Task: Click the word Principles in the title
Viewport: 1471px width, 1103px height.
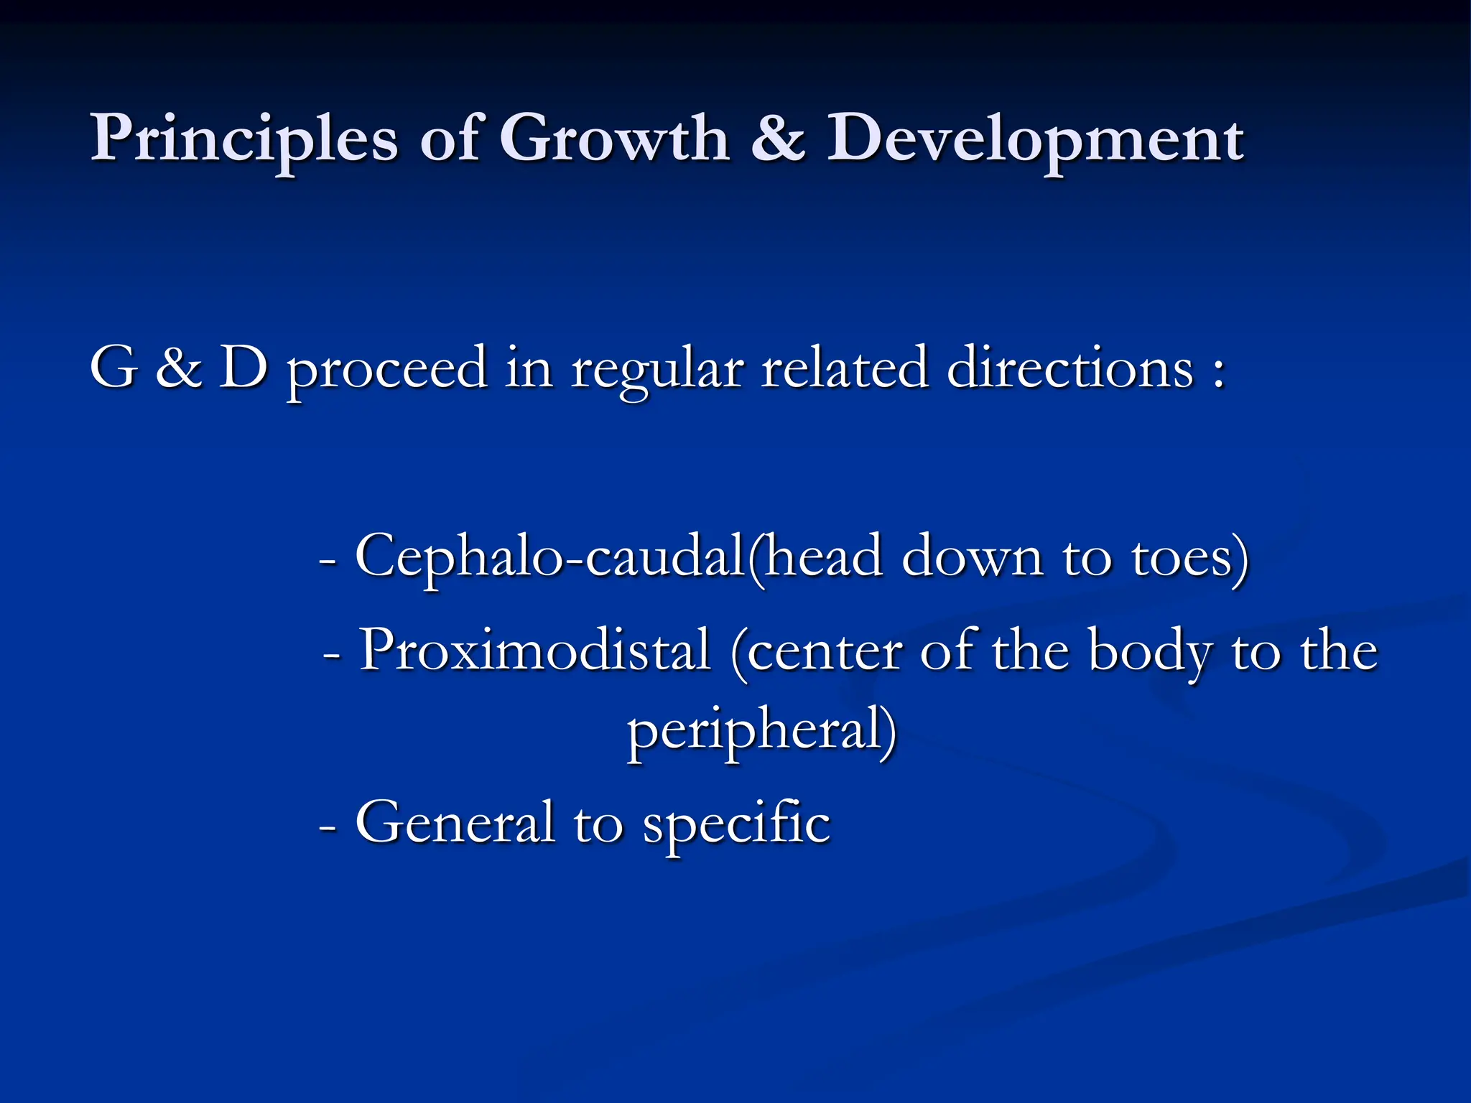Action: pos(243,138)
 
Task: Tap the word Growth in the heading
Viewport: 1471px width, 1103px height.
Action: pos(615,138)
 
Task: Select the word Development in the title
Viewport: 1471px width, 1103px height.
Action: pos(1035,139)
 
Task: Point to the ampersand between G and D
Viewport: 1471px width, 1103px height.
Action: pos(178,368)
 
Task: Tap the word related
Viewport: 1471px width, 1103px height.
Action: pos(845,368)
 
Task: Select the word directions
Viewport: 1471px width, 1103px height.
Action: pos(1070,368)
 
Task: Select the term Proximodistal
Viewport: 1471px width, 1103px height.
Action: pos(535,651)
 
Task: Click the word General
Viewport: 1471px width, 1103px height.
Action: pos(455,823)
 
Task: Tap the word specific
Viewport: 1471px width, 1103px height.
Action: pos(736,823)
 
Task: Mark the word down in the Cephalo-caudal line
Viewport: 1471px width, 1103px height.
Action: pos(973,557)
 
